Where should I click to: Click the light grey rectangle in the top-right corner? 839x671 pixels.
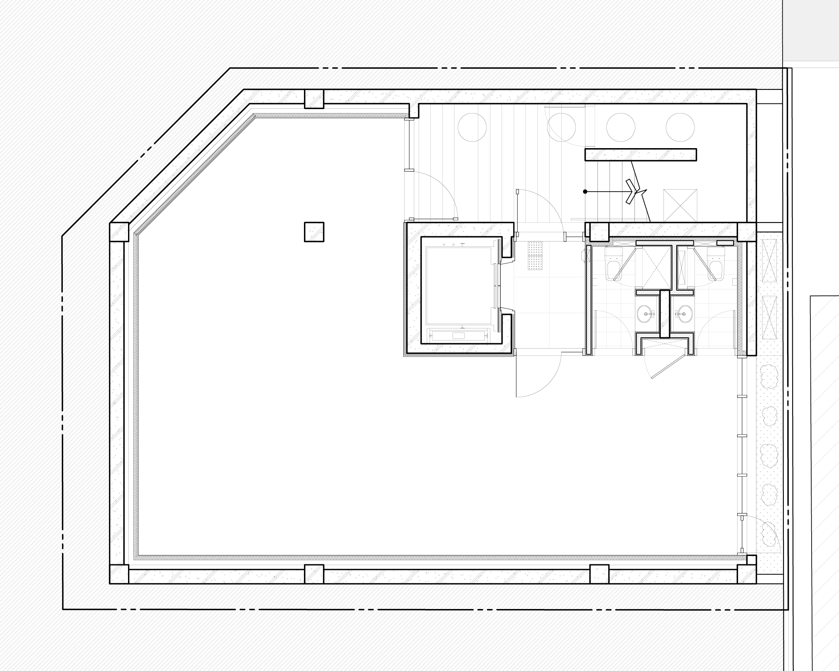pos(810,30)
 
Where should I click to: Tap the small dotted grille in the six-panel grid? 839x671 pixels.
pos(535,256)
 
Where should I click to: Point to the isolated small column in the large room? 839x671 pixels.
pos(314,233)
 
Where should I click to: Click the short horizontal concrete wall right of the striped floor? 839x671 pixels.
pos(640,155)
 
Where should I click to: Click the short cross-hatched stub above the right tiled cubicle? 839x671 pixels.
pos(725,243)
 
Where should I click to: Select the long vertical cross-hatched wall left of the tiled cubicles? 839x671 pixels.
pos(589,300)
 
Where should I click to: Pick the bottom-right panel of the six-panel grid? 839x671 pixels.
pos(567,330)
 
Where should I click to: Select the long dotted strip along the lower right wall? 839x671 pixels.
pos(769,463)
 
